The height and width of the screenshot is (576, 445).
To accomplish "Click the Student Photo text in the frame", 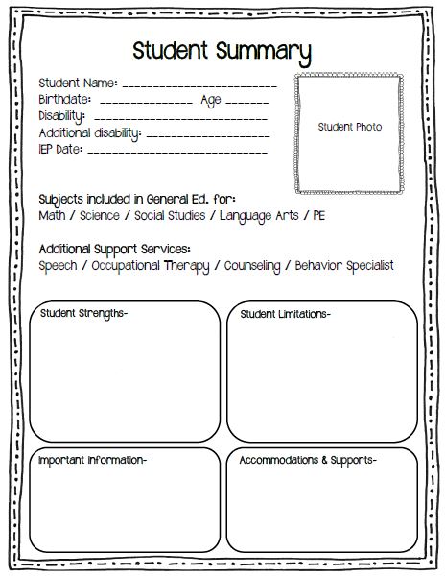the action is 349,127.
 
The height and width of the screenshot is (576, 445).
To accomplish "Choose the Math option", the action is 52,216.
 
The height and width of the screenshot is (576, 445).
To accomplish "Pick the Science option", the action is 101,216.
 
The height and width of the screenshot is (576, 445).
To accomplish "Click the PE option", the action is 318,216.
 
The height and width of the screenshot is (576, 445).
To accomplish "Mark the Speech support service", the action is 59,265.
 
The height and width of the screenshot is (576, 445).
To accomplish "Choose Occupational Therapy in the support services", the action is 150,265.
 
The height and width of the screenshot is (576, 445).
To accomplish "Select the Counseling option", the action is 252,265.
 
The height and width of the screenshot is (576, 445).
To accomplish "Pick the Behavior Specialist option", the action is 344,265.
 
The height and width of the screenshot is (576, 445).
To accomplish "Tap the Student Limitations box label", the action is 285,314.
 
